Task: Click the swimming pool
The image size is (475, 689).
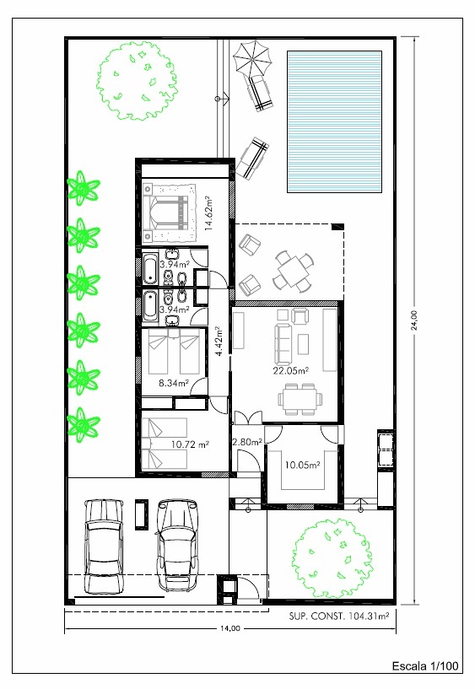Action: [334, 121]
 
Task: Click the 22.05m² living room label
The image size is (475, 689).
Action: [291, 371]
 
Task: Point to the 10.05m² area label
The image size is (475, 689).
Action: [302, 465]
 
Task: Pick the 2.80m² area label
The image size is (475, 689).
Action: [247, 442]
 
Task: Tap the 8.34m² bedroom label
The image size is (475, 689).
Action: [174, 383]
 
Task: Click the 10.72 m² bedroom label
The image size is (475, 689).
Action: [190, 444]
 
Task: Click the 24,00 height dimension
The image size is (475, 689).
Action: [415, 320]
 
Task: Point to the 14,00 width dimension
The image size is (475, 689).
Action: [230, 628]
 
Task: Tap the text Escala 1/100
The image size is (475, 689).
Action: [425, 665]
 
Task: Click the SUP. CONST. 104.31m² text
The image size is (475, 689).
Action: [339, 616]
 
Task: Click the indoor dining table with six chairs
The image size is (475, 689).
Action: [300, 399]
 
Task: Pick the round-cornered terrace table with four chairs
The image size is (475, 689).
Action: [293, 272]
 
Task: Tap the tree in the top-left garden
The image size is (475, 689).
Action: [137, 81]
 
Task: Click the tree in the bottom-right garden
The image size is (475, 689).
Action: [332, 558]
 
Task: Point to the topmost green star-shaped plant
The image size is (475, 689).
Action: [83, 188]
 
